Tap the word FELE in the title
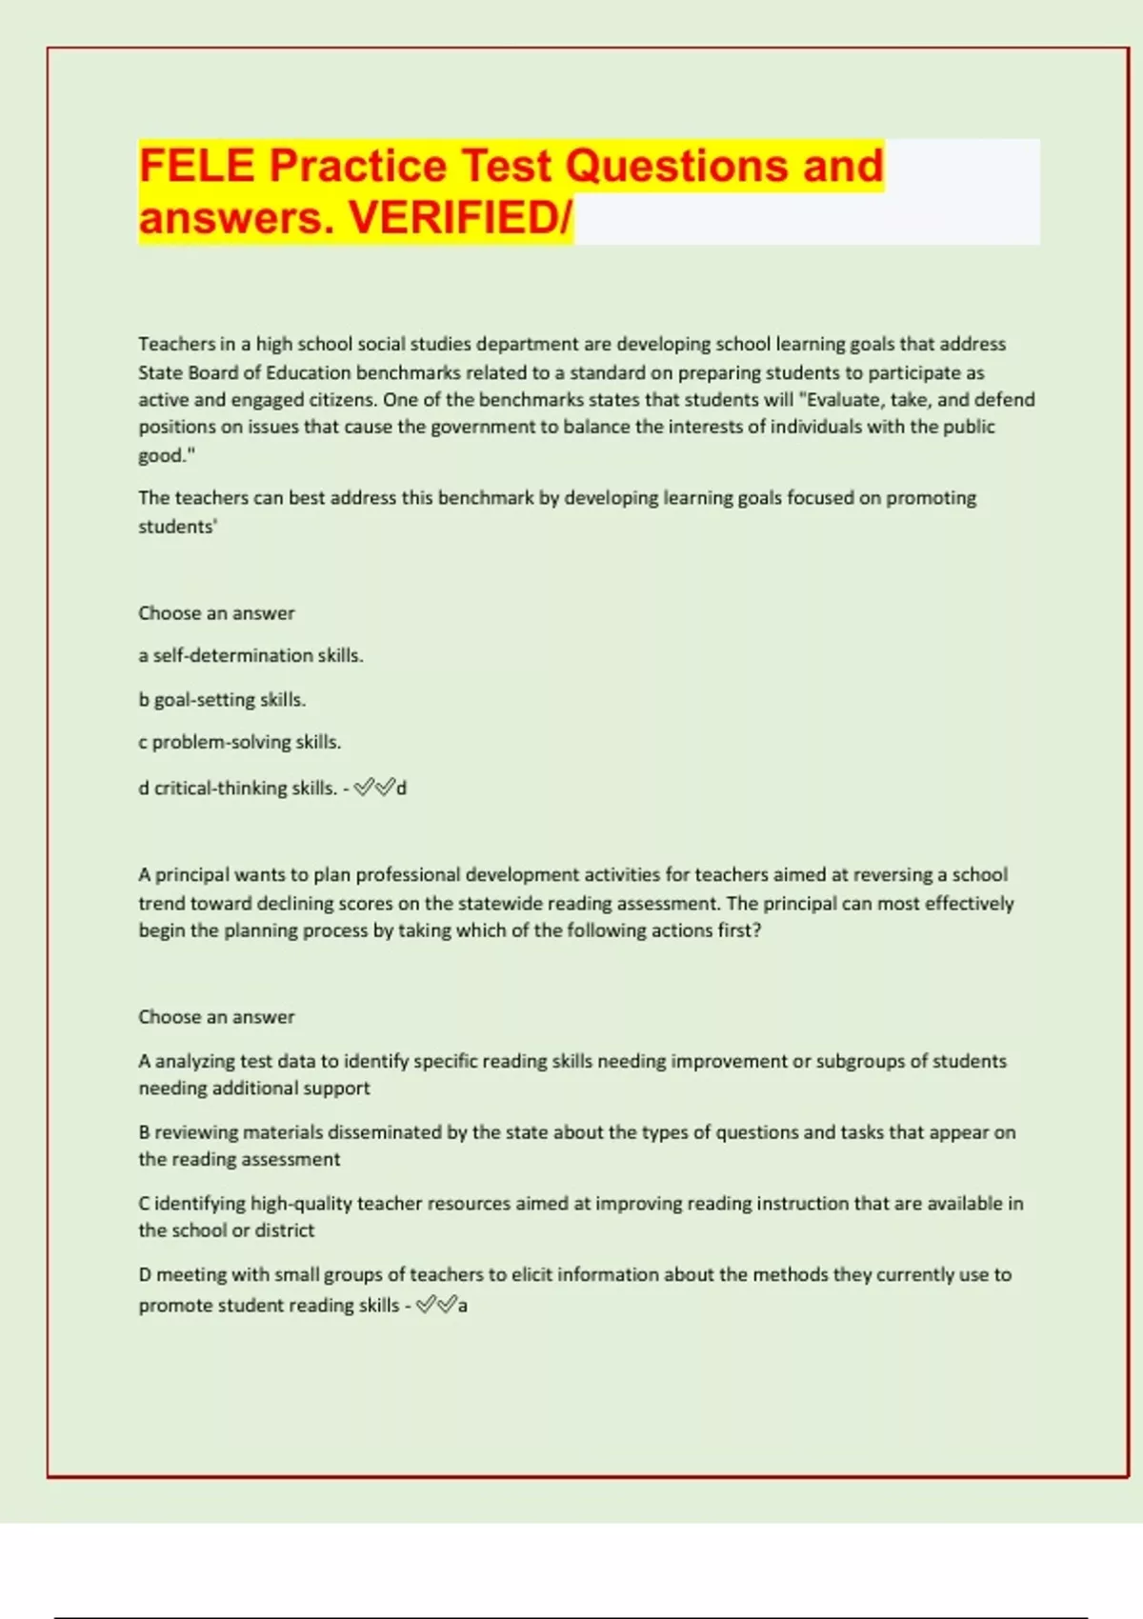(197, 166)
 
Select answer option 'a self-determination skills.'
(251, 656)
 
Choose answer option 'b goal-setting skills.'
(222, 700)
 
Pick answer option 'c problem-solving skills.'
(239, 743)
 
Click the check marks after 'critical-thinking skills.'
(374, 788)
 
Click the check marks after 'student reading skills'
(436, 1305)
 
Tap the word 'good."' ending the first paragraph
(167, 455)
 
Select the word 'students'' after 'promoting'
(178, 527)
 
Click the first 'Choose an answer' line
(216, 613)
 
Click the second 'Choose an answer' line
(216, 1017)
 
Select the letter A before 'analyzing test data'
(145, 1061)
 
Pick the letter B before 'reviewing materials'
(145, 1132)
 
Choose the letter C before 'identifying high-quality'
(145, 1204)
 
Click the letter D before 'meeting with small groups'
(145, 1275)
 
